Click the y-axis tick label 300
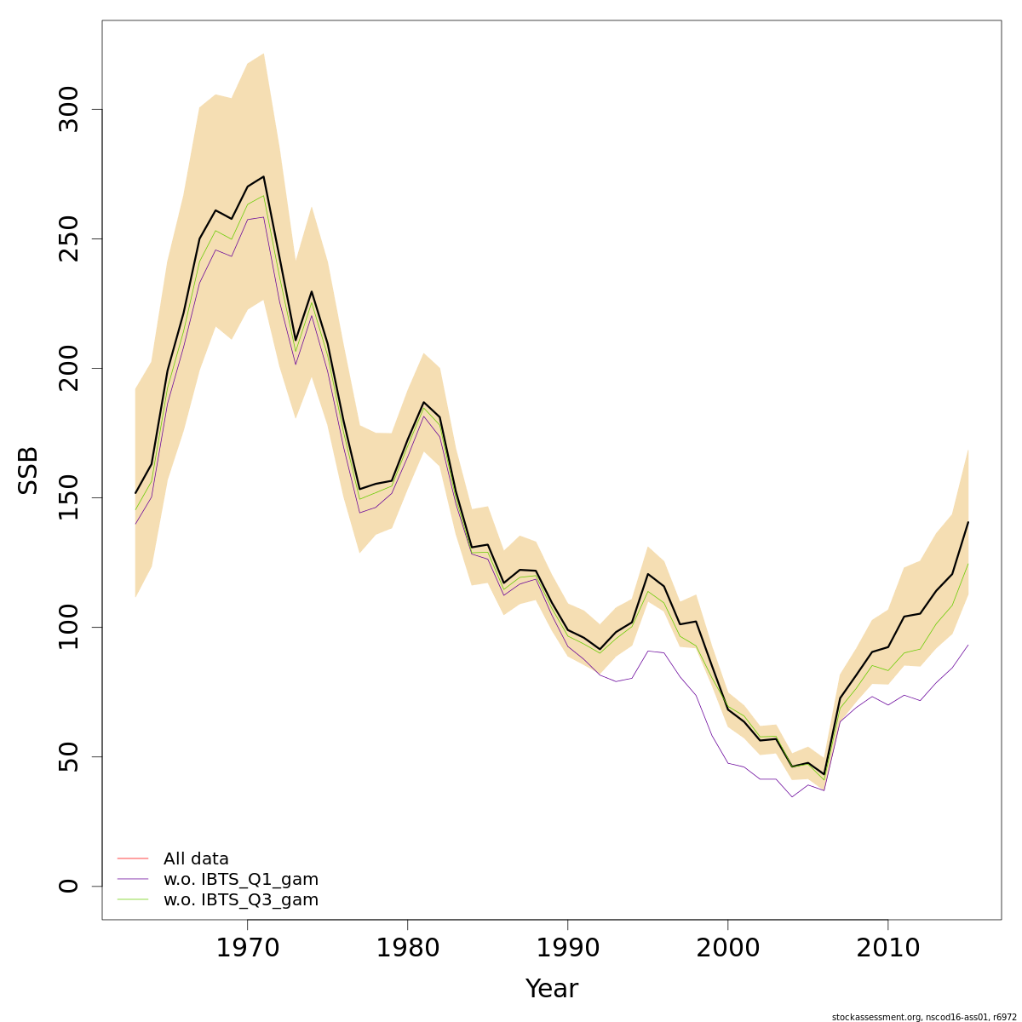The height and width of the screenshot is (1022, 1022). [69, 110]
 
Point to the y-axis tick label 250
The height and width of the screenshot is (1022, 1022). [69, 239]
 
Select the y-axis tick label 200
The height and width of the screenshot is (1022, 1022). [69, 369]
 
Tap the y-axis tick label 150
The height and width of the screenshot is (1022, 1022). [69, 498]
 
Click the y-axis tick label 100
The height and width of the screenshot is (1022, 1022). [69, 628]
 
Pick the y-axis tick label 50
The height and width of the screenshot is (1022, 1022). [69, 757]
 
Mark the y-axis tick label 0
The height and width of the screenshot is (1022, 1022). [69, 887]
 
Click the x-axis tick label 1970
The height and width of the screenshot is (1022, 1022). [248, 948]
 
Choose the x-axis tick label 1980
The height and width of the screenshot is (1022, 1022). [408, 948]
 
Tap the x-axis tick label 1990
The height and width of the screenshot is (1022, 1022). [568, 948]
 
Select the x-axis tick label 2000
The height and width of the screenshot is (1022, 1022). [728, 948]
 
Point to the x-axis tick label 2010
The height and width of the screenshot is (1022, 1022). [888, 948]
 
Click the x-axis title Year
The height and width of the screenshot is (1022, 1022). [551, 989]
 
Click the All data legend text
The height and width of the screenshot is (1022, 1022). [196, 859]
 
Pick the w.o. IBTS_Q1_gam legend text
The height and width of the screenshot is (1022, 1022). [241, 880]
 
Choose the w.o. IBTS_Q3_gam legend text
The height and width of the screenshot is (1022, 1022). [241, 900]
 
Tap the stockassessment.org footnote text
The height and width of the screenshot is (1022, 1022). [924, 1017]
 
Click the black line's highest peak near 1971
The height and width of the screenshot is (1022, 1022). [264, 176]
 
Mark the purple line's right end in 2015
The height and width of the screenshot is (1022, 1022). [968, 645]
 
